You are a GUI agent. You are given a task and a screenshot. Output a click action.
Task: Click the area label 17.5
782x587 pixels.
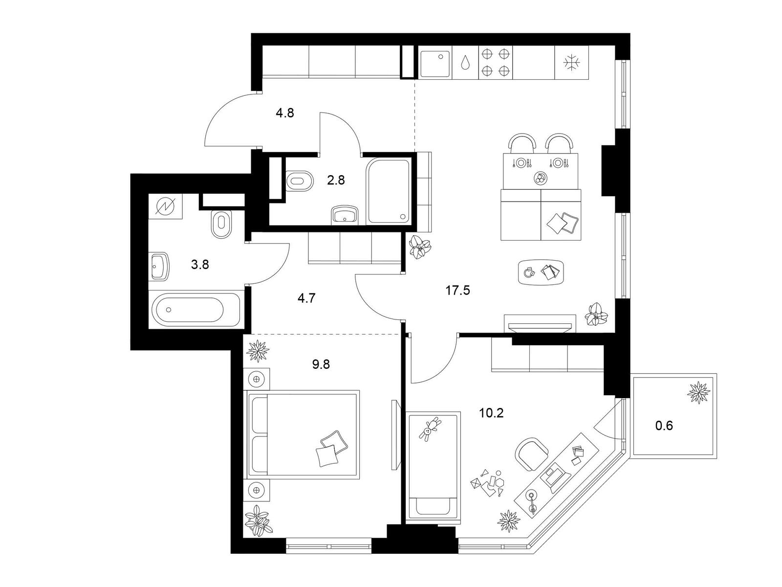point(457,291)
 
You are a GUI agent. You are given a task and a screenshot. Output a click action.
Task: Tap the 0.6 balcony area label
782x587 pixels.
point(664,426)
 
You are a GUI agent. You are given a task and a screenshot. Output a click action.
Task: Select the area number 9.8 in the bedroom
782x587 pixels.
point(321,364)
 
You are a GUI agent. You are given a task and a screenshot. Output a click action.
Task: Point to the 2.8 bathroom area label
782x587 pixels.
point(336,181)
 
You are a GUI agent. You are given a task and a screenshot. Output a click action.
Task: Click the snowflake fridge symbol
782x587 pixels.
point(571,63)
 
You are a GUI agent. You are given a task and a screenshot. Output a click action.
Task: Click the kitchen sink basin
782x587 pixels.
point(435,64)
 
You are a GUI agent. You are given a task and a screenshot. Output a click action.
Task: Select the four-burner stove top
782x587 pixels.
point(496,63)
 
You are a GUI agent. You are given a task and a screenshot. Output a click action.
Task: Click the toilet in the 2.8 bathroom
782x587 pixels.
point(300,181)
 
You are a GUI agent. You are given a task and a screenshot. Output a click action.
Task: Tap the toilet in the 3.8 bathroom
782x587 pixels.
point(221,224)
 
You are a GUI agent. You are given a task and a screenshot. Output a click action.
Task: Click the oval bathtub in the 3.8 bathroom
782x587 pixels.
point(196,310)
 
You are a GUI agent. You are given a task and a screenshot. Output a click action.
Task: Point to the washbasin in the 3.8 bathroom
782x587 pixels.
point(159,266)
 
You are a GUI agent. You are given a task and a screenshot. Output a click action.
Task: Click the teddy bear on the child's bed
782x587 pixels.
point(429,429)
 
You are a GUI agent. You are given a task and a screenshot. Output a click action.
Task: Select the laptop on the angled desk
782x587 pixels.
point(555,476)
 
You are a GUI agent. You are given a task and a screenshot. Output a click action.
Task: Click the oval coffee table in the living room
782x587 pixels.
point(541,272)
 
